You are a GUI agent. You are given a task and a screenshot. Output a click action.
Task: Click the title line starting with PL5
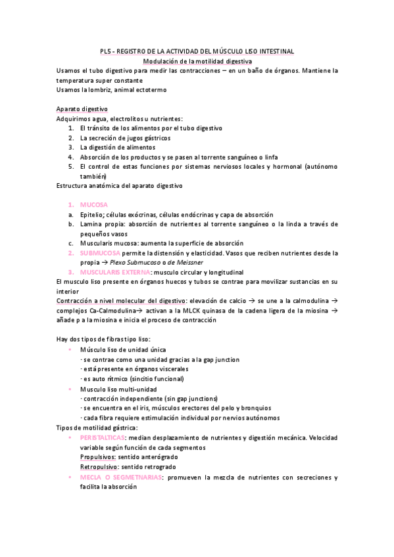point(197,51)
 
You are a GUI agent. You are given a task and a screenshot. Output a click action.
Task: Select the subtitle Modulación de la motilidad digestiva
point(197,61)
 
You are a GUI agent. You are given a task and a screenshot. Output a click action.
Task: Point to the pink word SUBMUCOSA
point(100,253)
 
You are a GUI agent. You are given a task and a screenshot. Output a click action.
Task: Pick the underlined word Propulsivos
point(99,457)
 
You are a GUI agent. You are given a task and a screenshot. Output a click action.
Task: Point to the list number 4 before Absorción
point(70,158)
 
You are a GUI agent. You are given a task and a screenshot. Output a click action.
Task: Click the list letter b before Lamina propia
point(70,224)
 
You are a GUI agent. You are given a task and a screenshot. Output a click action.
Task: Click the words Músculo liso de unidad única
point(123,350)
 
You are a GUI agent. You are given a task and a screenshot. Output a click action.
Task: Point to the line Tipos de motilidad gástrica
point(97,427)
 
